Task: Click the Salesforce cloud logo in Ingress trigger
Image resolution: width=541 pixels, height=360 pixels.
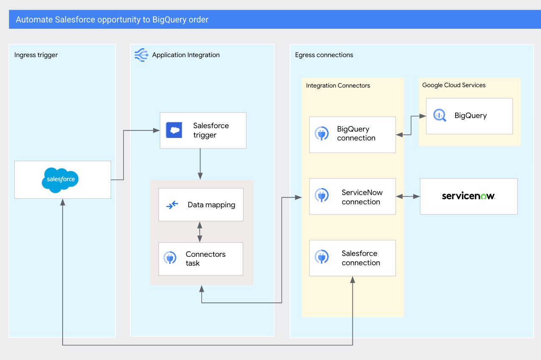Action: click(60, 180)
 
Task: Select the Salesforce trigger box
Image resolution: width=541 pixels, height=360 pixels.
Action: click(203, 130)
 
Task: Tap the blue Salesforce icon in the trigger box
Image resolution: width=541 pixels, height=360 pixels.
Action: click(174, 130)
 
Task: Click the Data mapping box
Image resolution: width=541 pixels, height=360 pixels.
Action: click(201, 205)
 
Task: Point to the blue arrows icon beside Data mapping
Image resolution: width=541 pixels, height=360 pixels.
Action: click(172, 205)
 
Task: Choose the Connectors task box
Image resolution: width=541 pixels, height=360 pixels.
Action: click(201, 258)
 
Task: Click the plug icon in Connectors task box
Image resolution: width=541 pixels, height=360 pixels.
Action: click(170, 258)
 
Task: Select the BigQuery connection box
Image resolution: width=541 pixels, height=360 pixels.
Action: click(352, 135)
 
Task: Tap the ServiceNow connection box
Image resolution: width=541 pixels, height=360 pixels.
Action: click(352, 196)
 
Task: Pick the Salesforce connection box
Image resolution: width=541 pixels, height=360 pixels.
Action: click(352, 258)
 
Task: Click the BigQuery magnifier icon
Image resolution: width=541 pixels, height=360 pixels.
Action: click(439, 115)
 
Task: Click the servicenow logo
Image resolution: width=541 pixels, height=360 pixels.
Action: click(468, 196)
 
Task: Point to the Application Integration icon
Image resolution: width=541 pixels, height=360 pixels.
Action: click(141, 55)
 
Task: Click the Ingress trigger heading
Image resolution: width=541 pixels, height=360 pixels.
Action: click(36, 55)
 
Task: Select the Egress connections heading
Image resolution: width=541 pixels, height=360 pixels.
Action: click(324, 55)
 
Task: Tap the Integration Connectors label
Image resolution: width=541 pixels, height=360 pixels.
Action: click(338, 85)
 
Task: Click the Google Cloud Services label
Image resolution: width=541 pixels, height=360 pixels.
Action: click(454, 85)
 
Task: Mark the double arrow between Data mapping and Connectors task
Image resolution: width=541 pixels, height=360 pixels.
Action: click(200, 231)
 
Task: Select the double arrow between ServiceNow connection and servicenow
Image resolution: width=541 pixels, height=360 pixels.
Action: click(408, 196)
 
